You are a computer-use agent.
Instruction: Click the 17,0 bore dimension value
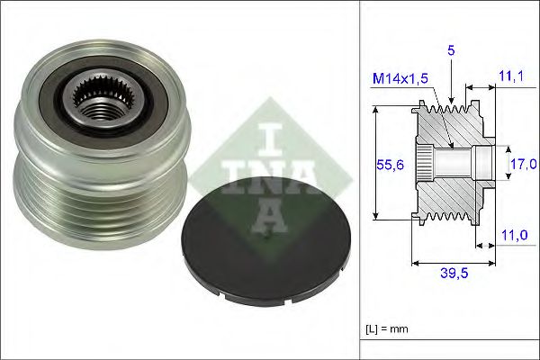pos(524,164)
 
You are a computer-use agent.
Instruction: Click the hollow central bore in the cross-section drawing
pos(454,164)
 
